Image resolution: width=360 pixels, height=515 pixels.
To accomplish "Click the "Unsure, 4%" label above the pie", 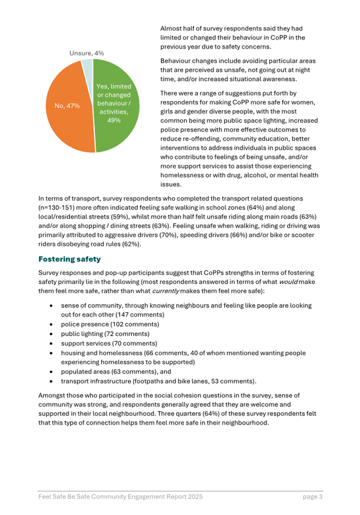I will (x=86, y=53).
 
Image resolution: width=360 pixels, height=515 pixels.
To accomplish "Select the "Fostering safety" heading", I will (x=69, y=259).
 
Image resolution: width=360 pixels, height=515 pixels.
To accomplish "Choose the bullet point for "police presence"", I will (x=52, y=324).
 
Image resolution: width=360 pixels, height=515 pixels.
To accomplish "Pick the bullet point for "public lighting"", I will (x=52, y=334).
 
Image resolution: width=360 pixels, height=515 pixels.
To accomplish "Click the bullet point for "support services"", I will (x=52, y=343).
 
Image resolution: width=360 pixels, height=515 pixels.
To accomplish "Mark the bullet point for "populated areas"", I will (x=52, y=372).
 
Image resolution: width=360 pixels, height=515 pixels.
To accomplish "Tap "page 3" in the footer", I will (x=312, y=497).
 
